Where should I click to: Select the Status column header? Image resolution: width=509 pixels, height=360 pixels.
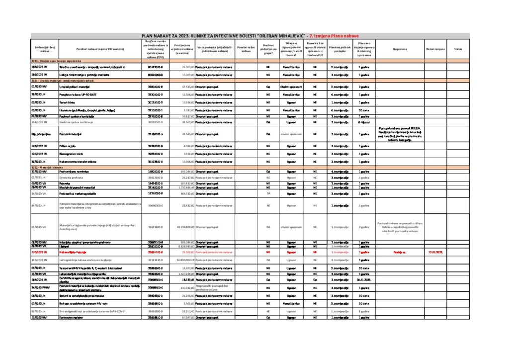[x=458, y=49]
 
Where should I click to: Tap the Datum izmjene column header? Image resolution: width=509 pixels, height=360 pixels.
[x=435, y=49]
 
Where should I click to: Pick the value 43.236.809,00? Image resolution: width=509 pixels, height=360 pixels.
[x=181, y=227]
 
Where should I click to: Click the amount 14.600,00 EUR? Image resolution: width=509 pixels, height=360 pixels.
[x=182, y=260]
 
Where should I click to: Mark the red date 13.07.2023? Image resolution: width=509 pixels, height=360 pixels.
[x=435, y=252]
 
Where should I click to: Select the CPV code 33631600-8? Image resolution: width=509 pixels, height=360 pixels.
[x=154, y=227]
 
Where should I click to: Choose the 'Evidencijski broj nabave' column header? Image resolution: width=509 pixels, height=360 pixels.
[x=45, y=49]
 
